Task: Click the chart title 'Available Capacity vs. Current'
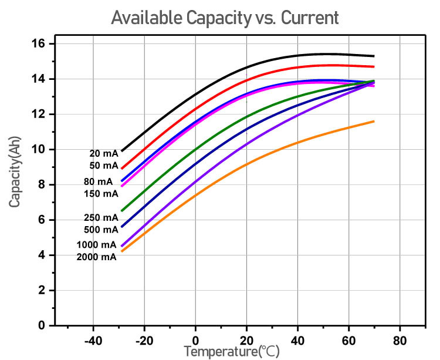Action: tap(225, 18)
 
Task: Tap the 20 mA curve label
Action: tap(103, 153)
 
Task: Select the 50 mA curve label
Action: tap(103, 165)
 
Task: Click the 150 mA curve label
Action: tap(101, 193)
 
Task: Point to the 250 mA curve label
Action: tap(101, 217)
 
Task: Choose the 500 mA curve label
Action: tap(101, 229)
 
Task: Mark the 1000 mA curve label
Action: tap(96, 245)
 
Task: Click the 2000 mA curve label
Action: tap(96, 257)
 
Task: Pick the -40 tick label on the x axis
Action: tap(93, 341)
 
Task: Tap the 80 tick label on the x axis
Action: tap(400, 341)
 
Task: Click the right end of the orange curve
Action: tap(374, 122)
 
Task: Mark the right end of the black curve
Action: tap(374, 56)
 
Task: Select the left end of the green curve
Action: tap(122, 210)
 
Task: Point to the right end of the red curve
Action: tap(374, 66)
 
